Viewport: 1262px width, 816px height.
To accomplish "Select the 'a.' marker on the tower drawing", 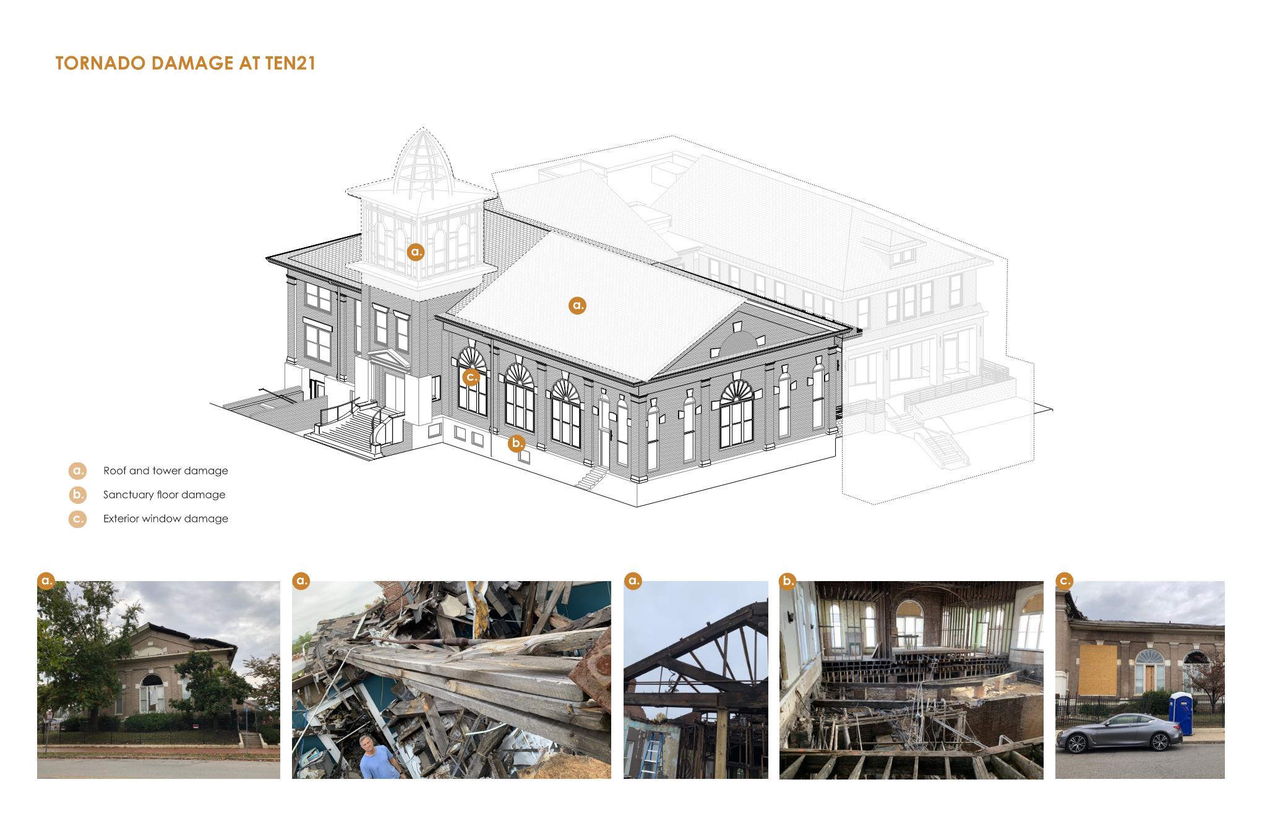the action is click(416, 252).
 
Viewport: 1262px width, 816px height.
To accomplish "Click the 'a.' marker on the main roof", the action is click(577, 305).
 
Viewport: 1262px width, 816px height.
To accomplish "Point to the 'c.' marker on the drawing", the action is click(471, 376).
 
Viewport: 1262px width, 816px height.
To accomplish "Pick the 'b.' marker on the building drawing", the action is click(517, 443).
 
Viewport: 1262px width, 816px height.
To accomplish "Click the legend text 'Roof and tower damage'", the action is click(166, 471).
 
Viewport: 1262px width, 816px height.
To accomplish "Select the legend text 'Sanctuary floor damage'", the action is click(165, 495).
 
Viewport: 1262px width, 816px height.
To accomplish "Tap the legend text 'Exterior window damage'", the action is click(166, 519).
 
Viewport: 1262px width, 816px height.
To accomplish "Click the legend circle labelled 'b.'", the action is click(78, 495).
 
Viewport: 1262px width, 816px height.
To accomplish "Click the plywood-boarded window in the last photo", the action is click(1098, 668).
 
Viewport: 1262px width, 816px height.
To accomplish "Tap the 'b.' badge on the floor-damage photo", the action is click(788, 581).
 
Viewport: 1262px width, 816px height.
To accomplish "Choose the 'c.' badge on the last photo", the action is click(1064, 581).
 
